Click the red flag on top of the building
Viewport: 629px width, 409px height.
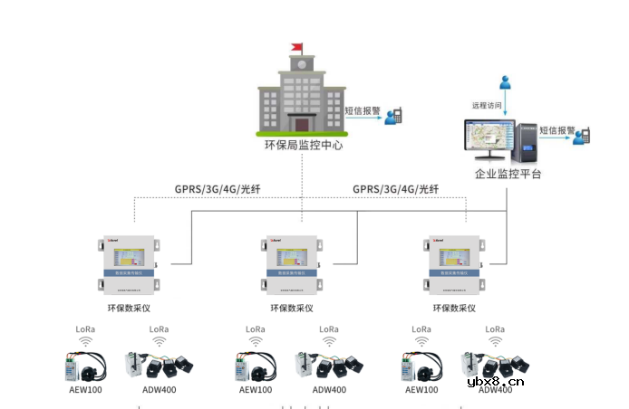click(297, 47)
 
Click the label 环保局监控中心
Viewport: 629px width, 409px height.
click(302, 145)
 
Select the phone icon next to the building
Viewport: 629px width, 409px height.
click(393, 116)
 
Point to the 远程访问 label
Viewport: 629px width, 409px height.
click(487, 104)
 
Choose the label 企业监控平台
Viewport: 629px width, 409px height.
click(508, 174)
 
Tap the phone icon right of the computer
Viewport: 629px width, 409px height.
click(585, 135)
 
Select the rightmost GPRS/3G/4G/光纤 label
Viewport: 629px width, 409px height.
click(395, 189)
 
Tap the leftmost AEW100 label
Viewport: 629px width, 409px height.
click(87, 390)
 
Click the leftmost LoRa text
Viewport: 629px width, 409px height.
click(87, 329)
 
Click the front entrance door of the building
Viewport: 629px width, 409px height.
click(302, 123)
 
